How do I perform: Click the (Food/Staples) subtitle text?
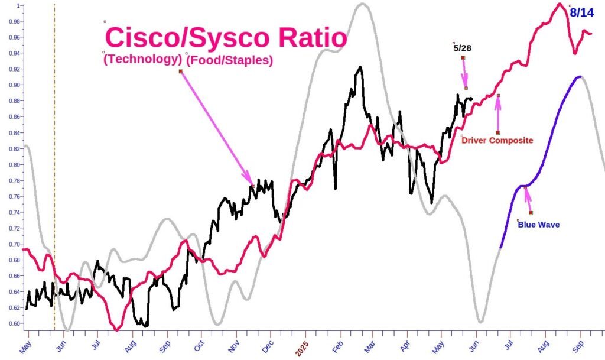(231, 60)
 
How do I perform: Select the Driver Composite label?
(497, 141)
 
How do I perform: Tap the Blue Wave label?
(538, 225)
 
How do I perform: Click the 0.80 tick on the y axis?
(11, 164)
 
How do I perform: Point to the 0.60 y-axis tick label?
(11, 323)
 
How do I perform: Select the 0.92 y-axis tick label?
(11, 69)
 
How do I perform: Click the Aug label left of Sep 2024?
(131, 346)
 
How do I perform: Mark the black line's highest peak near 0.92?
(360, 67)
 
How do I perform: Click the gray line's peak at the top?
(362, 4)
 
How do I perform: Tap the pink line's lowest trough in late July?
(118, 329)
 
